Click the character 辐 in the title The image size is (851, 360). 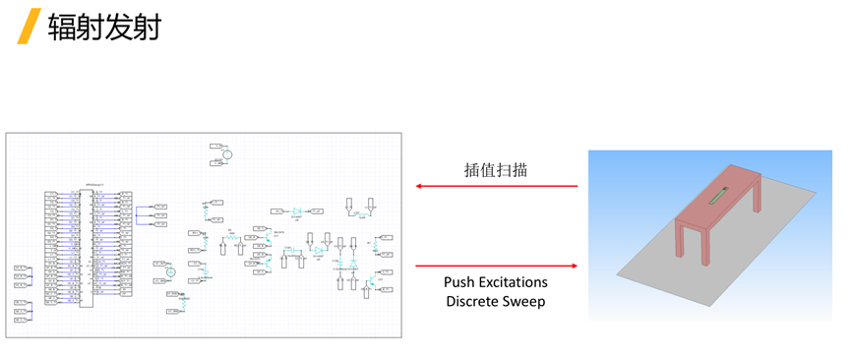(x=63, y=26)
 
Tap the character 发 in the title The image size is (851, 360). (x=122, y=26)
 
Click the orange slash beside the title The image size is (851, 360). (x=30, y=26)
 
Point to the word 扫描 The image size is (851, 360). (x=512, y=169)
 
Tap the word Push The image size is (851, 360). (x=461, y=282)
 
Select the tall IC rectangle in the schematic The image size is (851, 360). (x=87, y=248)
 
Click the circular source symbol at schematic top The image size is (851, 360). (x=225, y=154)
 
